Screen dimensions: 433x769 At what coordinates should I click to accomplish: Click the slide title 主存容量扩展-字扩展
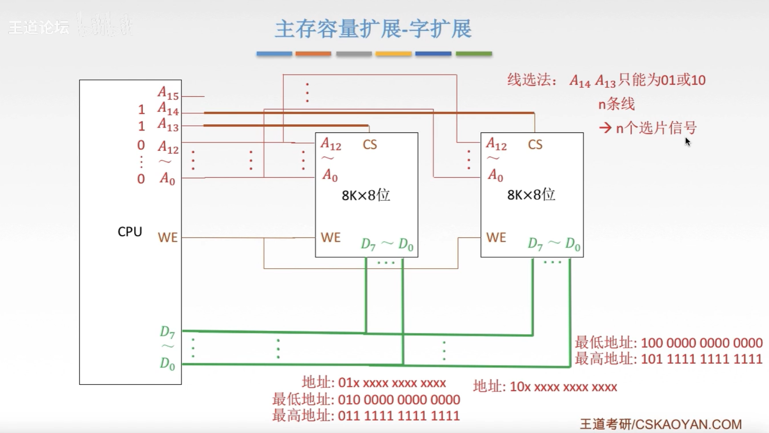coord(373,29)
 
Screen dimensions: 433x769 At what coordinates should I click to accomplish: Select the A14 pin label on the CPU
coord(168,109)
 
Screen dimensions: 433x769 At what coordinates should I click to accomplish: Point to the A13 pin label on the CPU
coord(168,125)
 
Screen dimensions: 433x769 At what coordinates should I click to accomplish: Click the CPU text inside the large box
coord(130,232)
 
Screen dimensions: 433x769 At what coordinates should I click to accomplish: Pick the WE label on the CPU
coord(167,237)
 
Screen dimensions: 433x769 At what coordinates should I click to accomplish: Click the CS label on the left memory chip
coord(370,144)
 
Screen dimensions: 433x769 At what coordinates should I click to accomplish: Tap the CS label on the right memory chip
coord(535,144)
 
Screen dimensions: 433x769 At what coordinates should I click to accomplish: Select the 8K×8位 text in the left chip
coord(366,195)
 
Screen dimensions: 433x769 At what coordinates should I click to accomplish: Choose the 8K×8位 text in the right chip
coord(531,195)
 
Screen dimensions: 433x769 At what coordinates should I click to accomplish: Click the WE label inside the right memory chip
coord(496,237)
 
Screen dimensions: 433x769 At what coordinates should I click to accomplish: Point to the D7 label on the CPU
coord(167,332)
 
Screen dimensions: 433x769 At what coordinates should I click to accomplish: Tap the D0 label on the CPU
coord(167,364)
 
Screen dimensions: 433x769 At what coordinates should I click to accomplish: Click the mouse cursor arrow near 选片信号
coord(688,142)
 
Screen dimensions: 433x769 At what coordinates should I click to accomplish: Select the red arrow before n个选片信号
coord(605,128)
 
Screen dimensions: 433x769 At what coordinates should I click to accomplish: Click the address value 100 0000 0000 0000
coord(702,343)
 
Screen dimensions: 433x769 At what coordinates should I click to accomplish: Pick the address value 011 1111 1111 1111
coord(399,415)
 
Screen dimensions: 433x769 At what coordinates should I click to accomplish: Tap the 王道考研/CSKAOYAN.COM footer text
coord(661,424)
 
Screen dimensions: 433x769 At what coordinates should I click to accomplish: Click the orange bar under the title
coord(313,53)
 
